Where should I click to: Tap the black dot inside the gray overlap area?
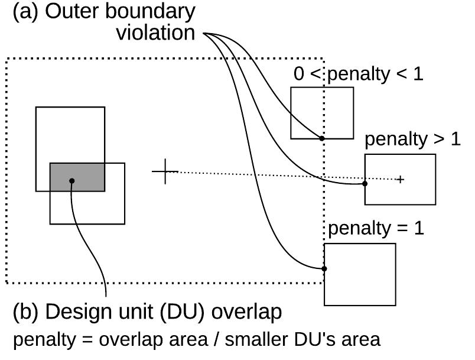[71, 181]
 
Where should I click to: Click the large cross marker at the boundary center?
[165, 171]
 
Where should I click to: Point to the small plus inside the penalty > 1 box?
[400, 179]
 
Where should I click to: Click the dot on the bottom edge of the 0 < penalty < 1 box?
[322, 138]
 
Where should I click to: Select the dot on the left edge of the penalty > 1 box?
[365, 184]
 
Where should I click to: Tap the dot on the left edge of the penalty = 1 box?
[324, 268]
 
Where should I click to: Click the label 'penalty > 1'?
[412, 140]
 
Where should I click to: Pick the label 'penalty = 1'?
[376, 229]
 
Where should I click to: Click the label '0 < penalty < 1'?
[359, 74]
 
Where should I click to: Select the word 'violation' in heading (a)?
[155, 33]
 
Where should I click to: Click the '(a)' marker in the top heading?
[26, 11]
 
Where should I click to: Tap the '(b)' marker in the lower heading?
[26, 312]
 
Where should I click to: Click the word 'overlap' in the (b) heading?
[246, 312]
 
